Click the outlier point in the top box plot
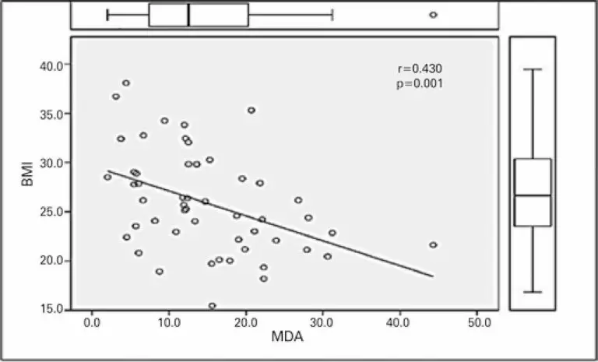433,15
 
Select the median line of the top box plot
188,15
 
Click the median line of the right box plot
533,195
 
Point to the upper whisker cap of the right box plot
533,69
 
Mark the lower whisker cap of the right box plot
533,292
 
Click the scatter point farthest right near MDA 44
433,244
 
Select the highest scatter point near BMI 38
126,83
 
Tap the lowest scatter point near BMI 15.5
212,306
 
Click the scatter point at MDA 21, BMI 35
252,111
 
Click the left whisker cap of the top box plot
107,15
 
